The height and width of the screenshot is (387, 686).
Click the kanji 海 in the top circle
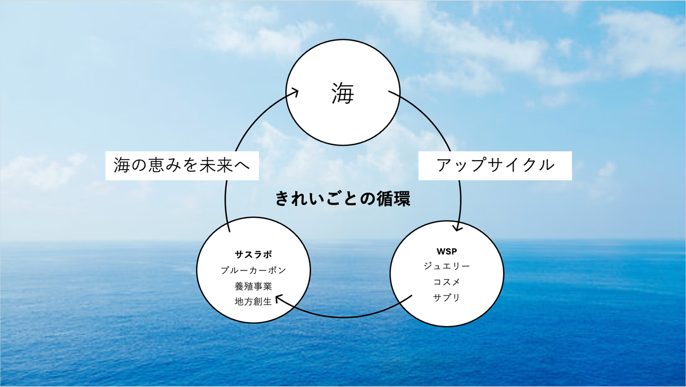point(343,94)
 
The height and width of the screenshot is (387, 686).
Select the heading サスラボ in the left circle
point(253,254)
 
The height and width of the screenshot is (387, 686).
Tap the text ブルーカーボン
point(253,270)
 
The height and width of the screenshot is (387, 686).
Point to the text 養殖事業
point(253,286)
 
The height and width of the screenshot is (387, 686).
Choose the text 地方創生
point(253,302)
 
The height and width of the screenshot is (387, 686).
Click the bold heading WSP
point(446,251)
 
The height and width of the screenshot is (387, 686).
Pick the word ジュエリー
point(446,266)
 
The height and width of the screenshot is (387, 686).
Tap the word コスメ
point(446,282)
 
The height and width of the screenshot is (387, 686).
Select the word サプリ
point(446,298)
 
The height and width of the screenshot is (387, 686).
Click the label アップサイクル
point(495,165)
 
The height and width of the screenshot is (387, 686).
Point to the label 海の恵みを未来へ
point(182,165)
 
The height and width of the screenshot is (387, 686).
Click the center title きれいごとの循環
point(343,199)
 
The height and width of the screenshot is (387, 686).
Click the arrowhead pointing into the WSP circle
point(457,227)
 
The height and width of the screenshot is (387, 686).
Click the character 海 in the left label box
point(122,165)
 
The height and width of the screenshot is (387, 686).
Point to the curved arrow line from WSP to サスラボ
point(343,317)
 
